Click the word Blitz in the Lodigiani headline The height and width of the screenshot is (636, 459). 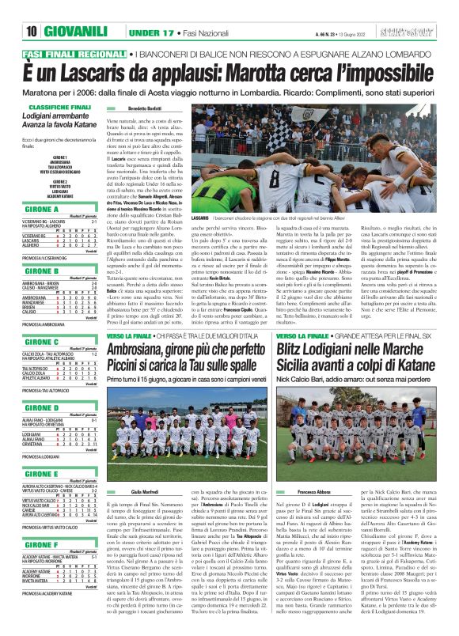[x=291, y=347]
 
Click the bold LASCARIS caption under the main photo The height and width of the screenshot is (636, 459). [x=199, y=217]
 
